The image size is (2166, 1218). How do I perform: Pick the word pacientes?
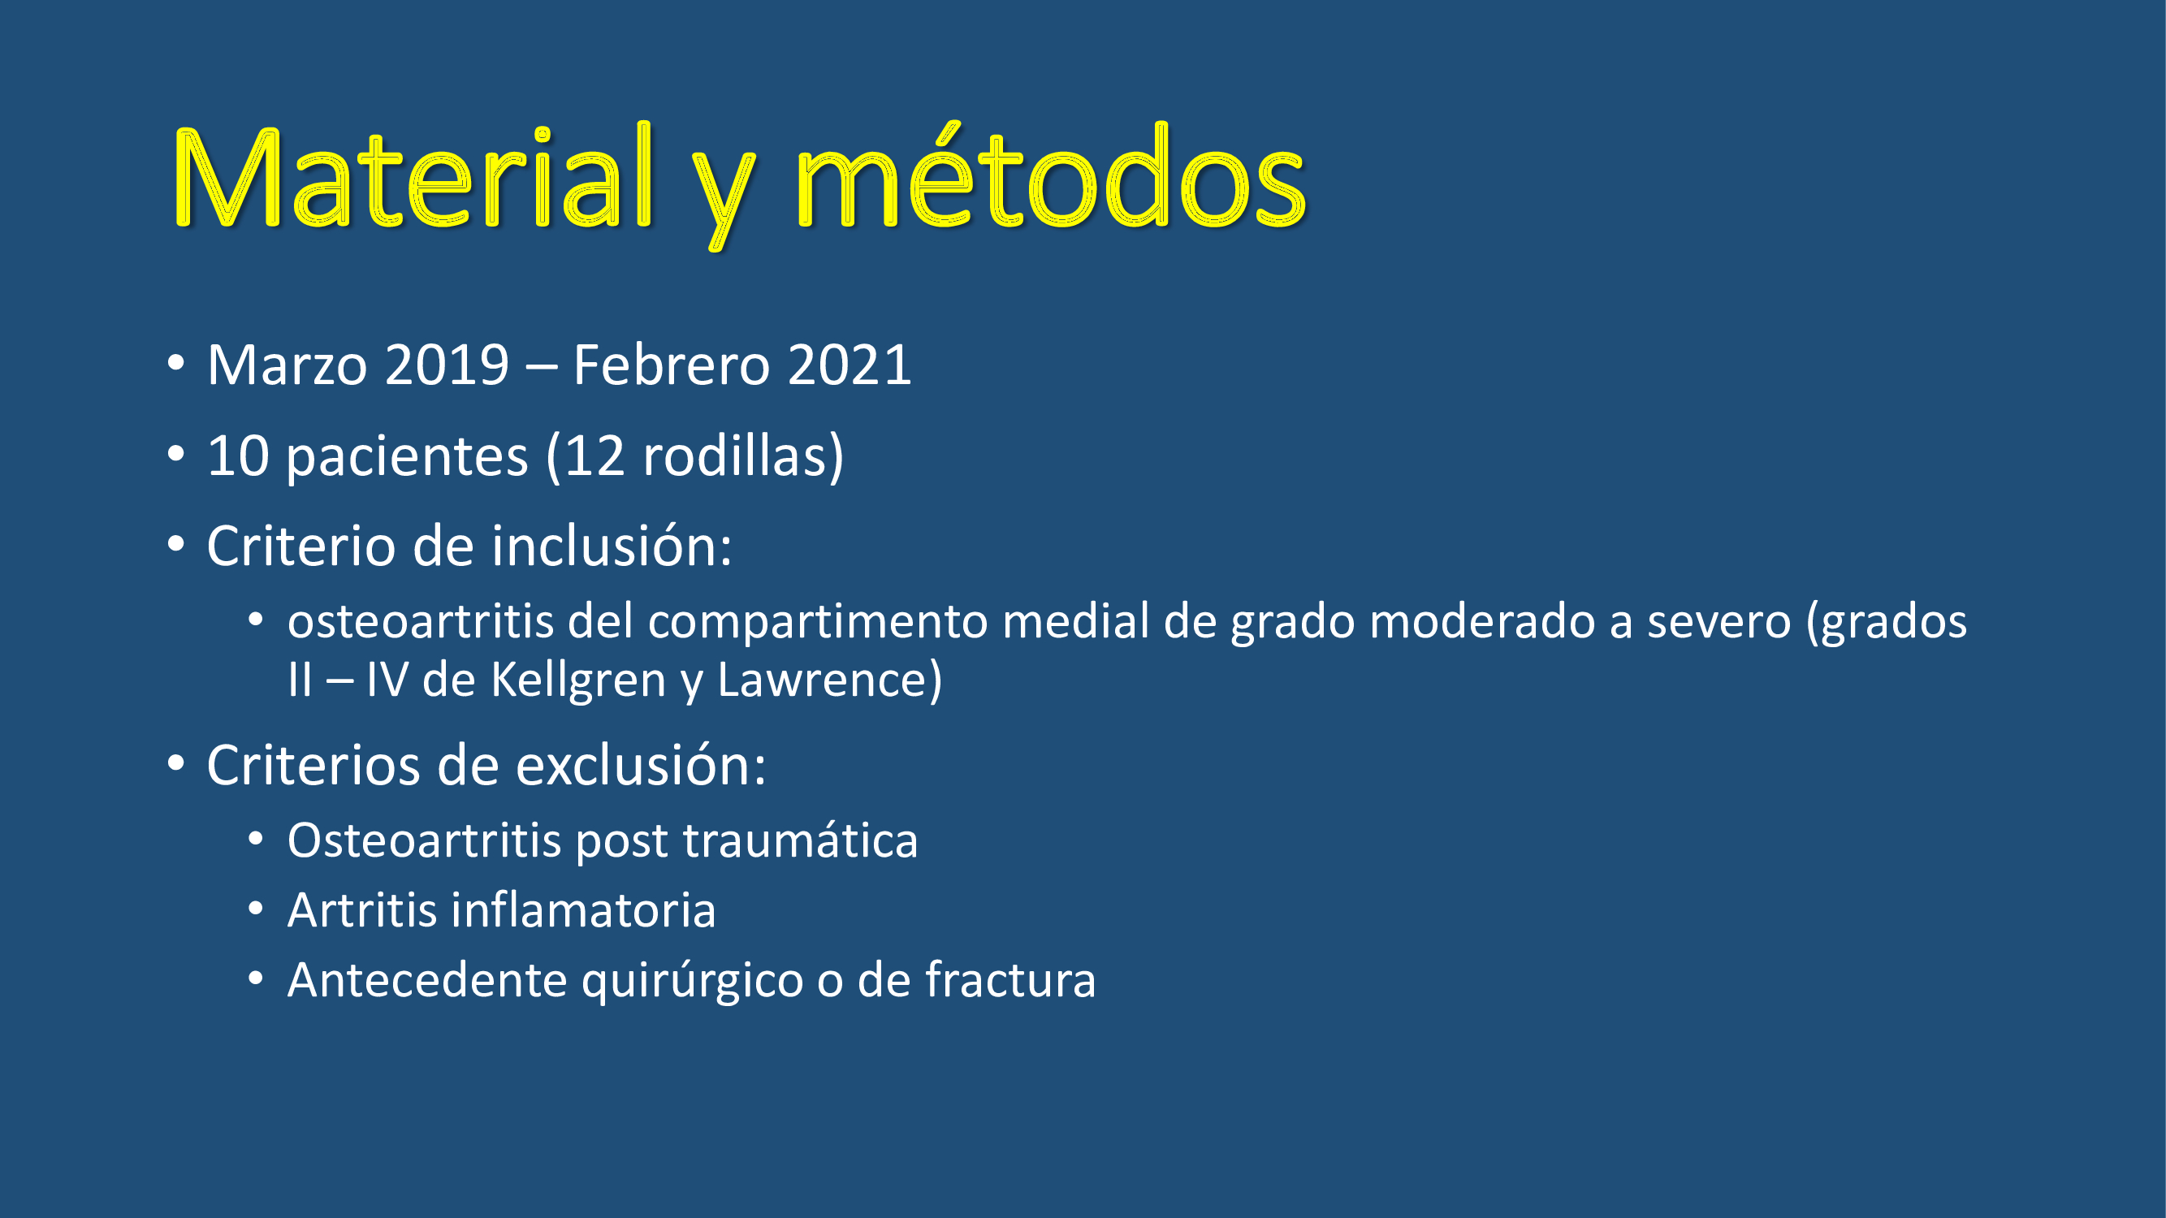pos(407,456)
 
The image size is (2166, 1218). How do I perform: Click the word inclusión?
pos(612,546)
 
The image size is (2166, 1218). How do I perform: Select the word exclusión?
pos(641,766)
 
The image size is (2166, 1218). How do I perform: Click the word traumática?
pos(801,840)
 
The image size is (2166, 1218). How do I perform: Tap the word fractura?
pos(1010,979)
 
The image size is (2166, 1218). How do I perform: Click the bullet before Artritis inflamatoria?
pos(256,909)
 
